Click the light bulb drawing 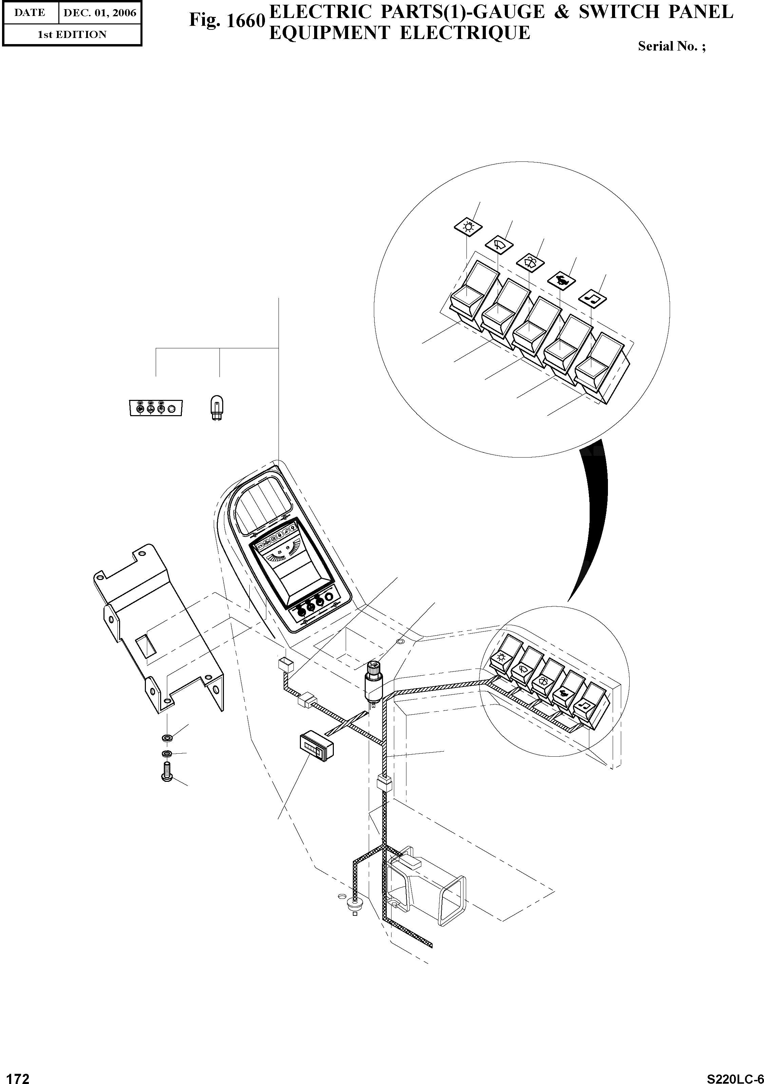click(x=217, y=408)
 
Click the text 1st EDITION click(x=72, y=35)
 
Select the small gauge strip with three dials click(x=156, y=408)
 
